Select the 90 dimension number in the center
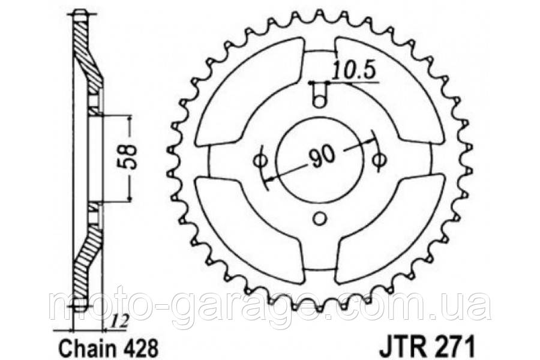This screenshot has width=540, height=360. [x=322, y=158]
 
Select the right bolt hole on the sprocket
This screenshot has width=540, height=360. [x=379, y=160]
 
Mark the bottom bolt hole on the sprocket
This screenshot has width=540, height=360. [x=320, y=218]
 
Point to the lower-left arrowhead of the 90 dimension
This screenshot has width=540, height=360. [x=268, y=178]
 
